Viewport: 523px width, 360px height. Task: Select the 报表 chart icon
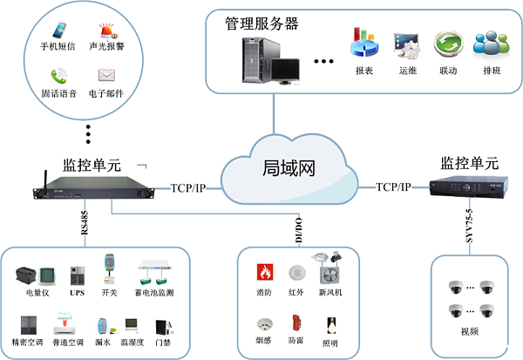[x=363, y=43]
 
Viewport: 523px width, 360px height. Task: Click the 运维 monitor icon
[x=406, y=43]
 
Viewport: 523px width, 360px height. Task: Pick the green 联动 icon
[x=448, y=44]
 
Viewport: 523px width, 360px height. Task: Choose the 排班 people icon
[x=489, y=43]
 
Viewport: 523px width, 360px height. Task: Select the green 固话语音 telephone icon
[x=59, y=76]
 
